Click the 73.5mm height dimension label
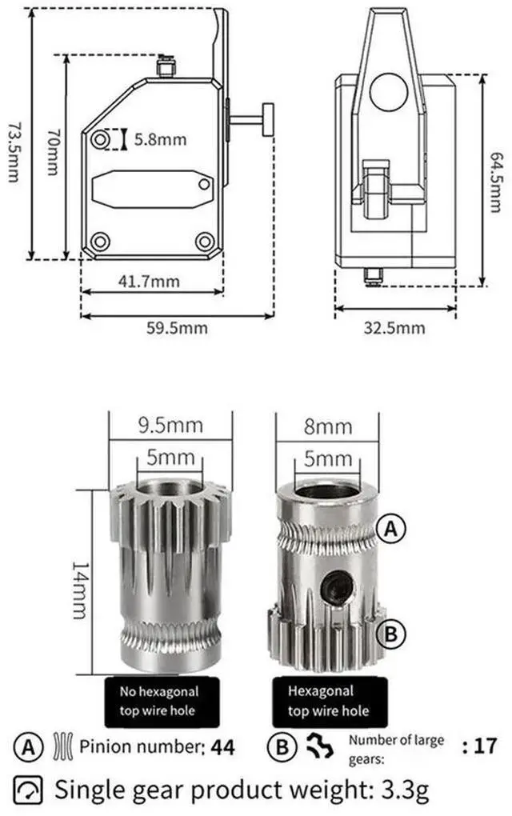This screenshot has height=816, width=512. [14, 152]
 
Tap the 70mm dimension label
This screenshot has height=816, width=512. [53, 151]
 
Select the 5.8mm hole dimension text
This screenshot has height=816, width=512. [160, 139]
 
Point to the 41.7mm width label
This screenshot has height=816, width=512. [149, 282]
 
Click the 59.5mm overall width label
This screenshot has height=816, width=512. [177, 328]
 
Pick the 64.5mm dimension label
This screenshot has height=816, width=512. [496, 182]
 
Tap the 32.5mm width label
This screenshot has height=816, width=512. [394, 328]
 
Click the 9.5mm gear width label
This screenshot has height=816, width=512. [170, 425]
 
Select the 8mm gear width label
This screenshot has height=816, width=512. [328, 426]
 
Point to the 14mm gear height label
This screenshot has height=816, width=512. [79, 590]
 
